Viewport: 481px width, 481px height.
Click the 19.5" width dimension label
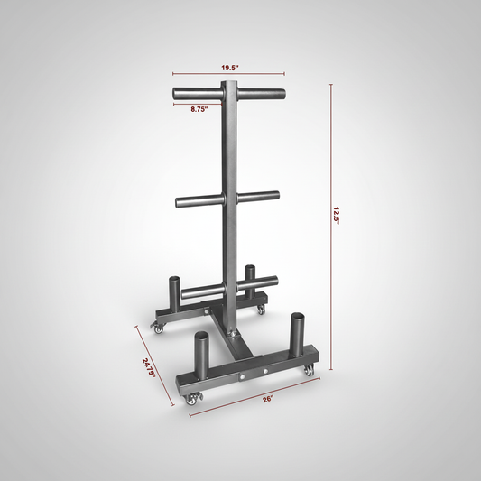coord(228,67)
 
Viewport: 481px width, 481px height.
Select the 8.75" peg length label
coord(199,109)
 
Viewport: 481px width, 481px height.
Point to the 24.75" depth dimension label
coord(149,367)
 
